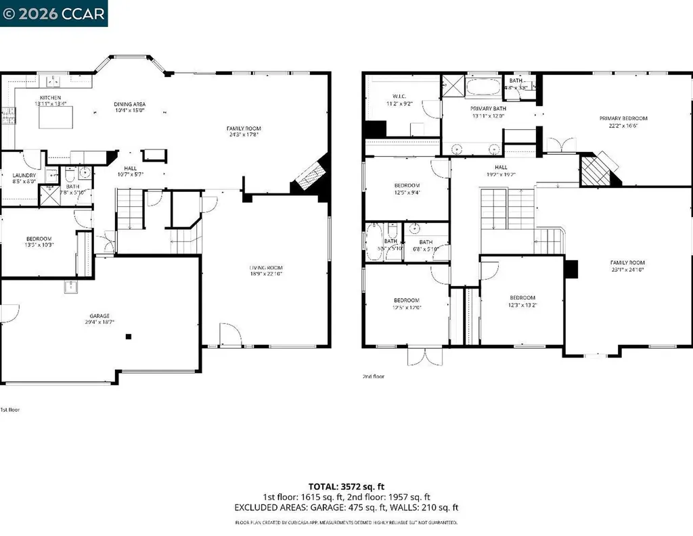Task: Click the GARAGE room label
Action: click(100, 316)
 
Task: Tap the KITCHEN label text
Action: click(51, 97)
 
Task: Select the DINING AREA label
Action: click(130, 104)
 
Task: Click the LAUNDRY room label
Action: click(24, 175)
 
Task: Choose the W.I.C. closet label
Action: click(399, 95)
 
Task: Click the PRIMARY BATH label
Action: click(488, 108)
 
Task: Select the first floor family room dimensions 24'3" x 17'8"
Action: click(244, 134)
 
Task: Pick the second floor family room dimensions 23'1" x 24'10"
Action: click(627, 269)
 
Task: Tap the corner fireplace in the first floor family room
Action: click(311, 177)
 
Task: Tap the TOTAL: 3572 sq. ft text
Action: click(346, 486)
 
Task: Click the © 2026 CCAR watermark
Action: click(54, 13)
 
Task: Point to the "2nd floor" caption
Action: click(374, 376)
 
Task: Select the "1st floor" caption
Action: click(10, 410)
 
